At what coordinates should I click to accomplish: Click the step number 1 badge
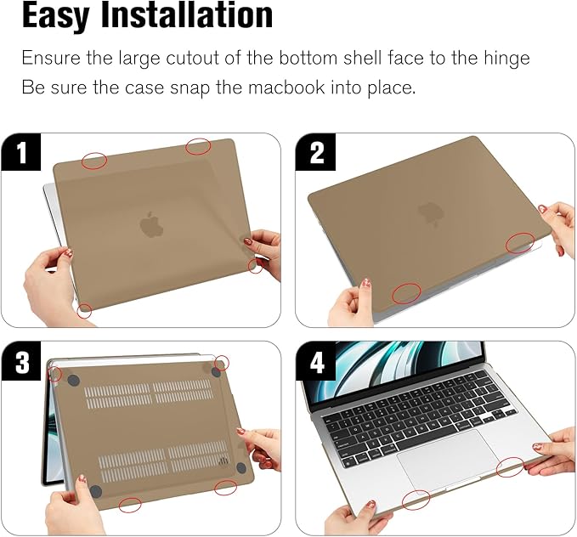pos(21,154)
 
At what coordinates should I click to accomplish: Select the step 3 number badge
pos(21,363)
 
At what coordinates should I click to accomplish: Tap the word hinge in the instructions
pos(505,58)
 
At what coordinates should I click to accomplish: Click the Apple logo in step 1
pos(151,224)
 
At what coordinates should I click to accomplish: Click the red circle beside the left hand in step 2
pos(405,294)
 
